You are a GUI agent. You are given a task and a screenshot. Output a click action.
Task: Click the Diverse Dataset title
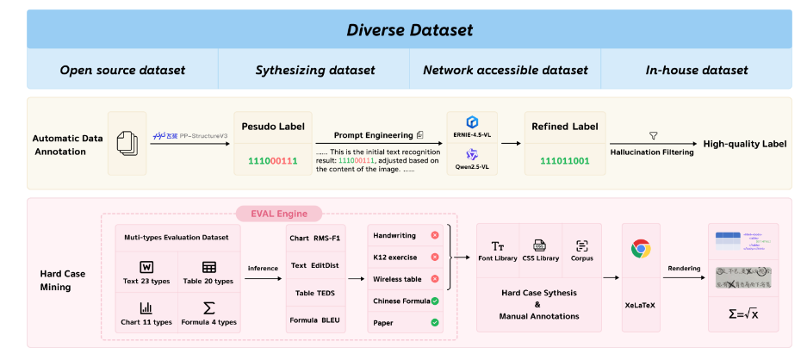click(409, 30)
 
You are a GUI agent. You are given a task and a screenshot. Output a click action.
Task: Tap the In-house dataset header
click(697, 70)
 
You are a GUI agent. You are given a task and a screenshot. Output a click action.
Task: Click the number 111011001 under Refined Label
click(564, 161)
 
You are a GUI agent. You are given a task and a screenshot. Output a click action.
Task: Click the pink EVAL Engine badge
click(278, 213)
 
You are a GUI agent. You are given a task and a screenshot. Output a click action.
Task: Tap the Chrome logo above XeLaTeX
click(640, 249)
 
